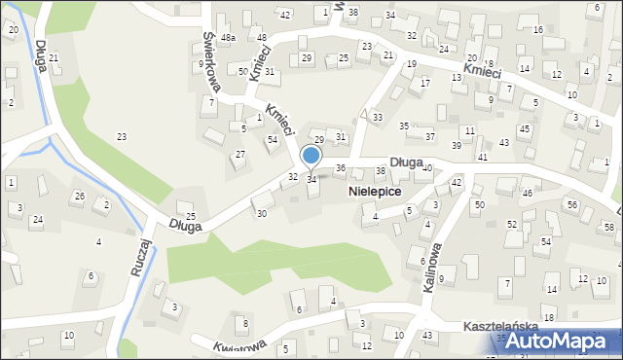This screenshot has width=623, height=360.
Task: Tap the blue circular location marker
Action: click(x=311, y=156)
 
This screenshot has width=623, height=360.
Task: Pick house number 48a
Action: click(x=228, y=38)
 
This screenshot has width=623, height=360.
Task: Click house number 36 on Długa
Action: click(x=340, y=168)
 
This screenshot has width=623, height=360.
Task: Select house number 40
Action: click(x=427, y=167)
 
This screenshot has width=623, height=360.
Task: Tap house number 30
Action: click(x=261, y=213)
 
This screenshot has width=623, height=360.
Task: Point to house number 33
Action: click(x=377, y=117)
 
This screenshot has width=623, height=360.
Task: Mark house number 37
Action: click(x=429, y=136)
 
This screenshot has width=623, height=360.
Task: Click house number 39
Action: click(x=457, y=145)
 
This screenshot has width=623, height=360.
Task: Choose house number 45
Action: click(x=524, y=129)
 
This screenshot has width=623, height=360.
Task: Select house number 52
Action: click(x=511, y=224)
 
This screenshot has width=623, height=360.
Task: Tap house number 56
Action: click(x=572, y=204)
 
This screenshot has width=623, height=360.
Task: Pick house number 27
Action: click(x=239, y=155)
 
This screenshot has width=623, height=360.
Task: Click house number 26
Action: click(x=79, y=197)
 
